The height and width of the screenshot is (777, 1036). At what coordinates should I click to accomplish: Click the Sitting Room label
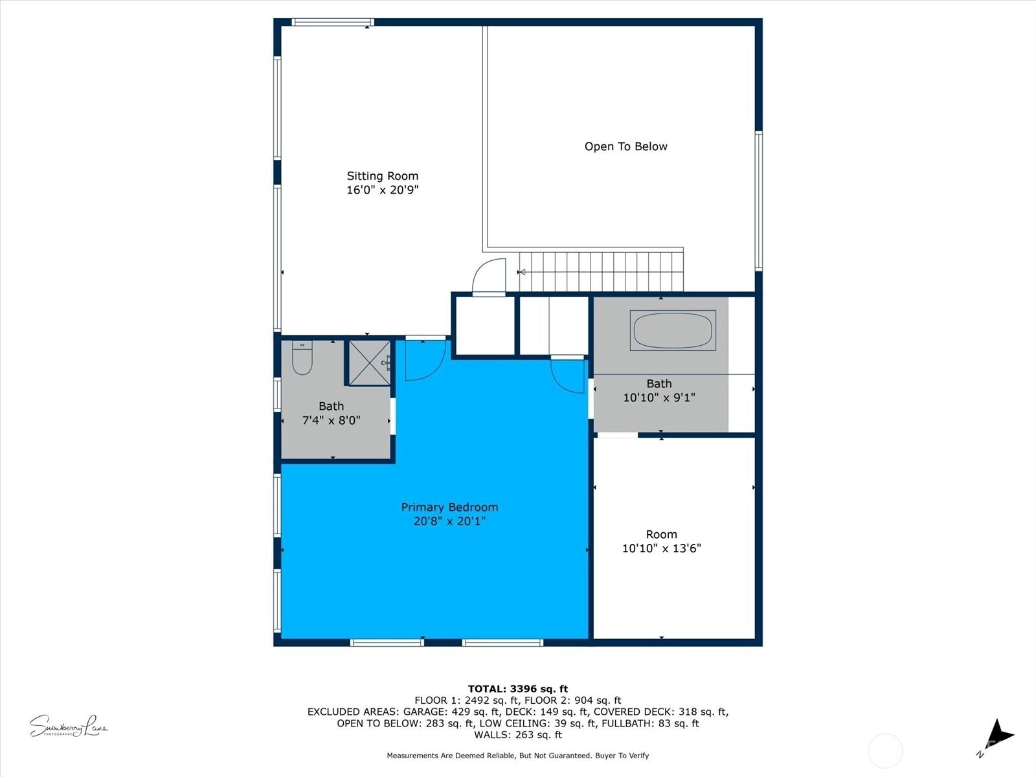382,176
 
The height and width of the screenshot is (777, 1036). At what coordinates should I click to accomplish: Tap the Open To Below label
626,147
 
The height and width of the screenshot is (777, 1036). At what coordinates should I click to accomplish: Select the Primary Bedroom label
449,507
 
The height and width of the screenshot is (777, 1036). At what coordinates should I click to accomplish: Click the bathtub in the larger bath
673,330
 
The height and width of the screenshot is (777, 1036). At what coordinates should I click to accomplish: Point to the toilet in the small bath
302,358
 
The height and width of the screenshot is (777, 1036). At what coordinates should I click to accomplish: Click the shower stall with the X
370,363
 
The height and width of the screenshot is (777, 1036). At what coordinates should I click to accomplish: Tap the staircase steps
601,272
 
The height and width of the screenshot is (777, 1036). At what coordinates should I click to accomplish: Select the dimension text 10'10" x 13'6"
661,548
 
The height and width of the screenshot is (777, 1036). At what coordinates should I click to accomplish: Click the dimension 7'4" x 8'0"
331,420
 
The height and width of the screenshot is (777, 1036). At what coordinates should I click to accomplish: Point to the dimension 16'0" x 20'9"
382,190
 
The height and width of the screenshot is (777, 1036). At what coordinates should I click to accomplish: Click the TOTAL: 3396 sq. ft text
518,689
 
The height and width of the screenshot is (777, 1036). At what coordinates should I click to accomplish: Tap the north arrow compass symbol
997,736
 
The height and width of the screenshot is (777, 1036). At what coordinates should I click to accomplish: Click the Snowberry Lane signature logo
69,726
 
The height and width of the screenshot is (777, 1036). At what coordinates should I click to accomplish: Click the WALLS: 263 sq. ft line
518,734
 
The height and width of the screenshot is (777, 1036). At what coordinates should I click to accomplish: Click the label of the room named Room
661,535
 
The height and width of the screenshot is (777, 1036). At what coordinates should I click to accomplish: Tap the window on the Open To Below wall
758,201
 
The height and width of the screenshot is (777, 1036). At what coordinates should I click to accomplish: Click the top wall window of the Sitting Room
333,22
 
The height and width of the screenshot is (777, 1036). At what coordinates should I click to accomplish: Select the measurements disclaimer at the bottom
518,755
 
